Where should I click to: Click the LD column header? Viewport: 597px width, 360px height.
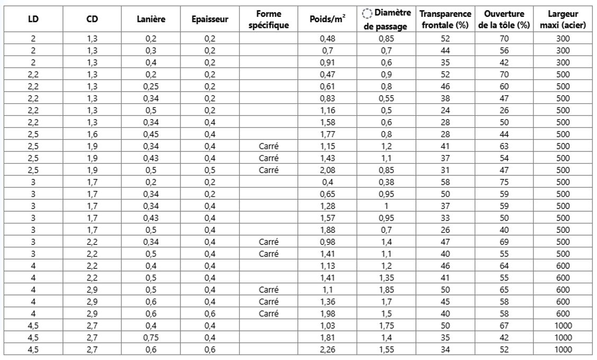click(x=33, y=20)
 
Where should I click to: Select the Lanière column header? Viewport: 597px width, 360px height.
click(x=151, y=20)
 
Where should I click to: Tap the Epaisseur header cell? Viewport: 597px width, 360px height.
click(x=210, y=20)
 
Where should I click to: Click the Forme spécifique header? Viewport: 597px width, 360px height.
click(x=269, y=20)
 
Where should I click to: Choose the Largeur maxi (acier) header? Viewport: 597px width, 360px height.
click(x=563, y=20)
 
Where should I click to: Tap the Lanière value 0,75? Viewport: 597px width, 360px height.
click(x=151, y=337)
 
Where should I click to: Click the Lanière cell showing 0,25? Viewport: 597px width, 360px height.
click(x=151, y=86)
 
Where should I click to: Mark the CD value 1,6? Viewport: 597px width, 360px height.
click(x=92, y=134)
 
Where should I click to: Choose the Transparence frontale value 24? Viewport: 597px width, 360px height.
click(x=445, y=110)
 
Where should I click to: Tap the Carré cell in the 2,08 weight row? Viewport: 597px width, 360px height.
click(x=269, y=170)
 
